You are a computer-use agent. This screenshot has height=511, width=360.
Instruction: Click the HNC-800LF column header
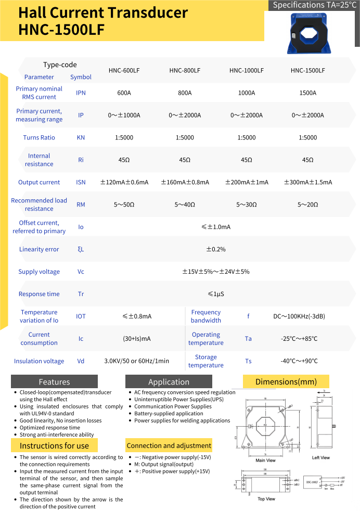pos(185,71)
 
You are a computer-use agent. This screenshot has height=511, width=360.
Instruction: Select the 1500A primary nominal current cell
pos(307,93)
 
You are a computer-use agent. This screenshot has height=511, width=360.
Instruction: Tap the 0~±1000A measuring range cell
pos(124,116)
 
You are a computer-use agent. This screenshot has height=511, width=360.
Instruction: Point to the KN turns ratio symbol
pos(81,138)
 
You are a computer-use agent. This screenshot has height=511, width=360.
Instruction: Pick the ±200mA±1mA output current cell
pos(247,183)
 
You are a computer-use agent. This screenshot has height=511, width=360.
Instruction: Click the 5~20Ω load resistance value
pos(307,205)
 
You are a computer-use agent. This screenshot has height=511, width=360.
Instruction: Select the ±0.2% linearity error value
pos(216,250)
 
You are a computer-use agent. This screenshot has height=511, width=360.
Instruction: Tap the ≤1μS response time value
pos(216,295)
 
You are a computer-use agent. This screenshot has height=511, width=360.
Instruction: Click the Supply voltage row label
pos(39,272)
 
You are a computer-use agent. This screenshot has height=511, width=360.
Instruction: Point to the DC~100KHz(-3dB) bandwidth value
pos(299,316)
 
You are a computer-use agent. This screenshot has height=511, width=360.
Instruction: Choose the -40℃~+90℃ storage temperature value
pos(299,361)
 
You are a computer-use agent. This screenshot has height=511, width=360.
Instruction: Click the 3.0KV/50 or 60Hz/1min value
pos(137,361)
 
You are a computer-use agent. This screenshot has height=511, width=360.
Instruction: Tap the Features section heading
pos(54,382)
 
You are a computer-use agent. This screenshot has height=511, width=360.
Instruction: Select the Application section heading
pos(169,382)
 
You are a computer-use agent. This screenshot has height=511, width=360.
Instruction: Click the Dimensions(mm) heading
pos(286,382)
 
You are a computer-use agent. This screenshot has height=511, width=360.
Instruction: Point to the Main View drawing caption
pos(265,461)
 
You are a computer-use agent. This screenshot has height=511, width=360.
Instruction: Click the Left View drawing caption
pos(321,458)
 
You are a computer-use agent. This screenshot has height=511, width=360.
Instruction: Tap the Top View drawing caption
pos(266,499)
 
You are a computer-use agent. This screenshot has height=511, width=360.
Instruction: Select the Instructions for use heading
pos(54,446)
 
